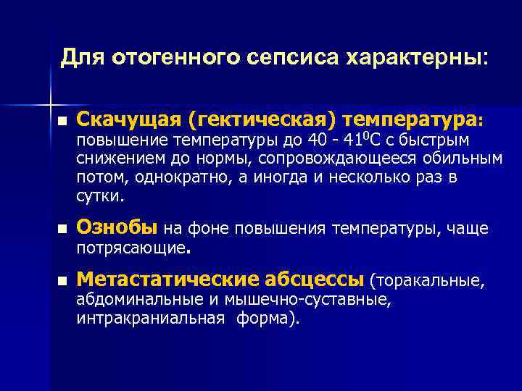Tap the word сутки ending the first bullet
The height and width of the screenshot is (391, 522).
(100, 195)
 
